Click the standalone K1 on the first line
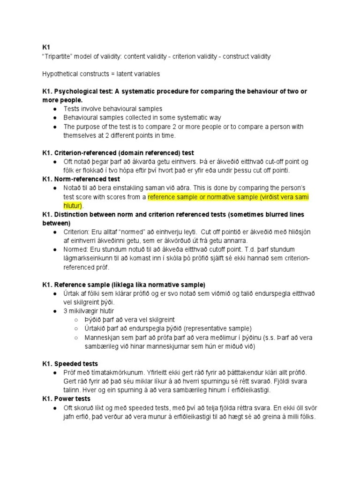point(46,47)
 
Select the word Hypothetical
point(60,74)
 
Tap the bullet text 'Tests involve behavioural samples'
point(113,109)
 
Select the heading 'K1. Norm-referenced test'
point(81,179)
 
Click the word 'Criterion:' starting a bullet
point(78,232)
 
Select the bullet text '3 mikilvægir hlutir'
point(89,311)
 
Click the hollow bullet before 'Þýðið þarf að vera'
point(76,320)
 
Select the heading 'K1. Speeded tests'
point(70,364)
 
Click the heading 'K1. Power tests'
point(66,399)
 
